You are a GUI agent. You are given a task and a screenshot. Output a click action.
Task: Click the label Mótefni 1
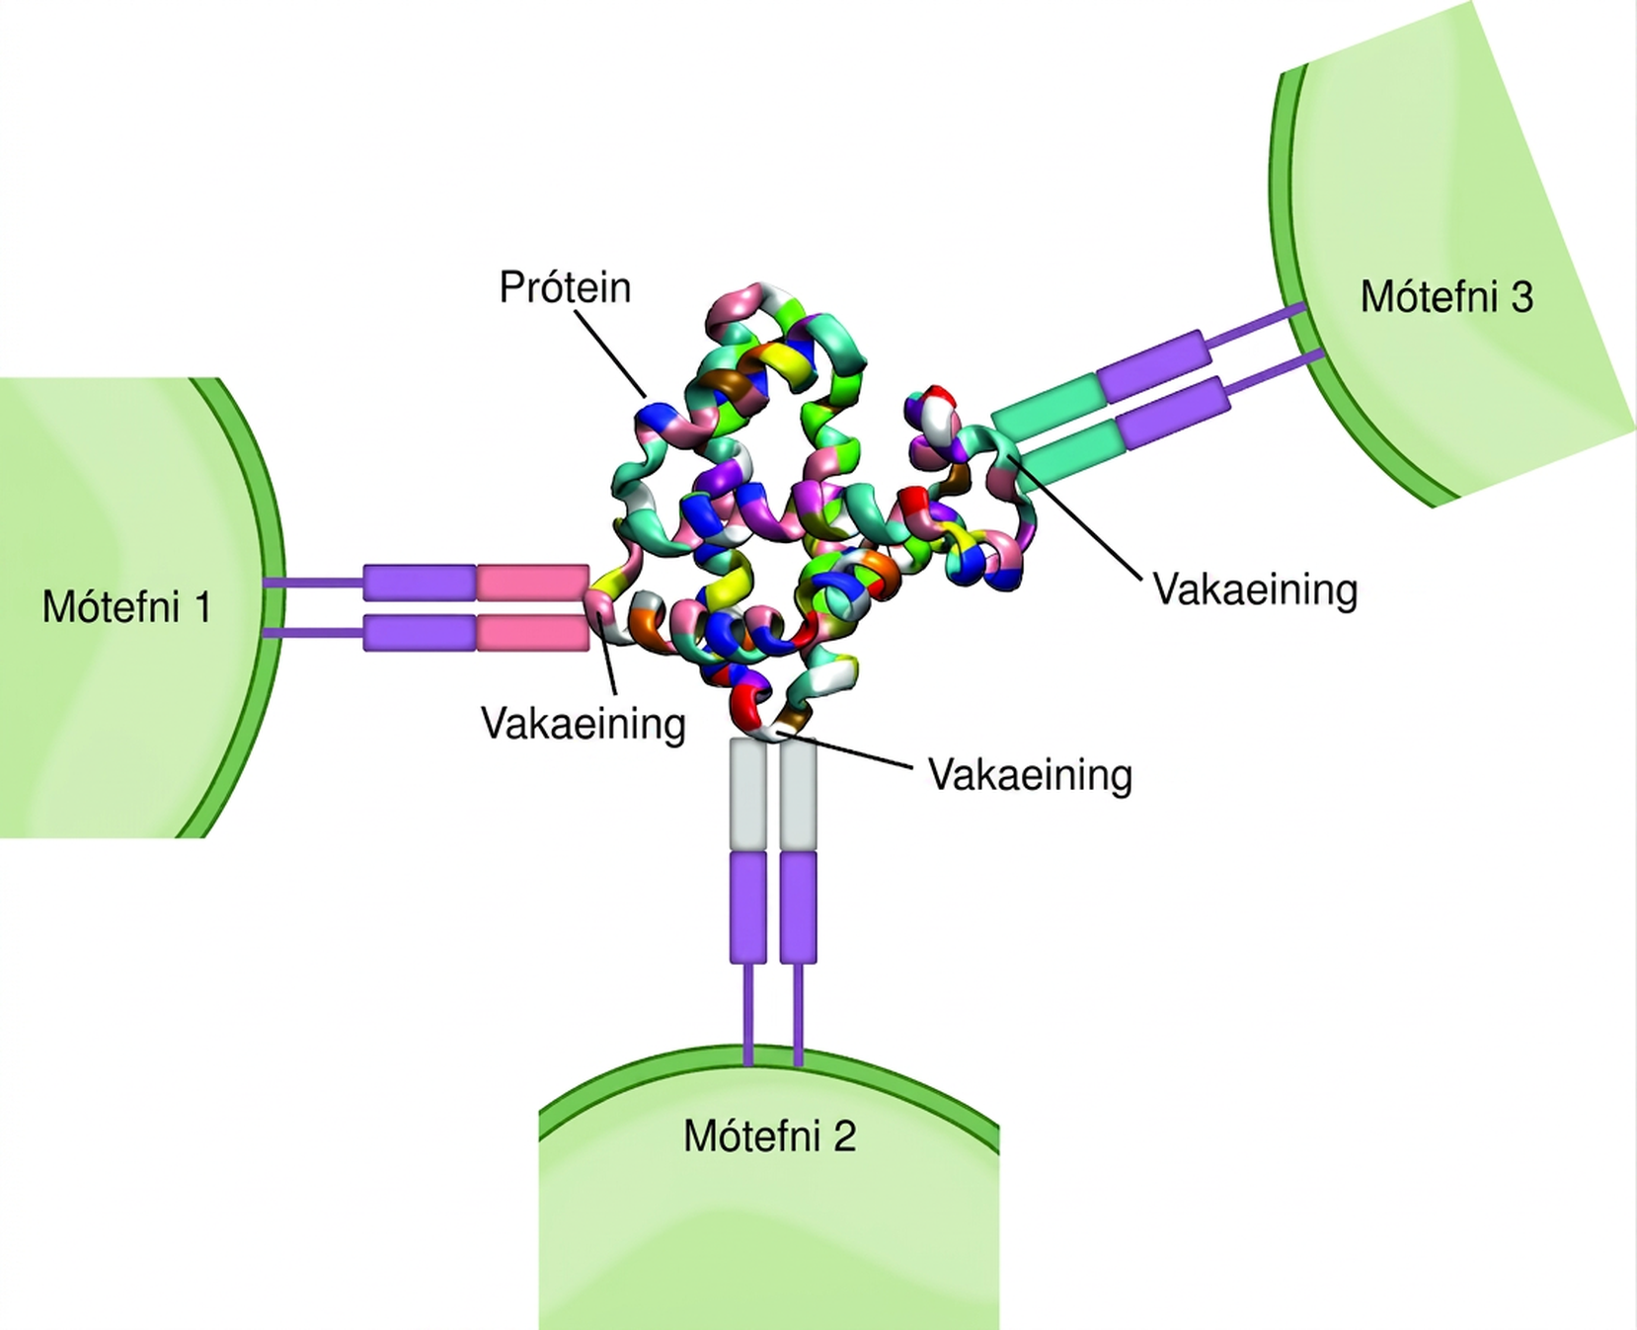126,606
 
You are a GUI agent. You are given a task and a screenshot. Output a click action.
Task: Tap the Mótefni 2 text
769,1135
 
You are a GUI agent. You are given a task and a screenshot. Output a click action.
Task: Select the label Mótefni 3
1446,296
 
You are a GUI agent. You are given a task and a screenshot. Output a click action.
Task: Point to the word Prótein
565,287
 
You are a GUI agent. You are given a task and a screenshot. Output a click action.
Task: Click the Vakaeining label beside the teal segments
1255,589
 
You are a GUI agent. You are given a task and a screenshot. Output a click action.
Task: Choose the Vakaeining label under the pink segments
584,724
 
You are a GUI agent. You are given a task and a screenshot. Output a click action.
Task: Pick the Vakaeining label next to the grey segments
1030,775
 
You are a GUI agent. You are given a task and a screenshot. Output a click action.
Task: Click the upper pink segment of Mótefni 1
533,583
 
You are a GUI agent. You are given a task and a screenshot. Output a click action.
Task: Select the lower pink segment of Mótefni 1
533,633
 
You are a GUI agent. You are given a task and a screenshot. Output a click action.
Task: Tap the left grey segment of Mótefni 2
747,793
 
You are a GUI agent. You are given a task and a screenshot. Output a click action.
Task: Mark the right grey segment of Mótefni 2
798,793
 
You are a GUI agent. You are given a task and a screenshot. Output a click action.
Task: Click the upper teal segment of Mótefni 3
1050,405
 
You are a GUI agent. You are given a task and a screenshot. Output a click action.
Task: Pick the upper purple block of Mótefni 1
420,583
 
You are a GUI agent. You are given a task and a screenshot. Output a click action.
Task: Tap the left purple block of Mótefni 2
747,907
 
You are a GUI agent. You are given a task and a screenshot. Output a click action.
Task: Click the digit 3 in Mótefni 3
1521,297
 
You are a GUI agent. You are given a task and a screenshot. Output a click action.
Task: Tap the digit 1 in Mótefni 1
203,607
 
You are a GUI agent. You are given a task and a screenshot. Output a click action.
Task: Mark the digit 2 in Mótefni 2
844,1136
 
